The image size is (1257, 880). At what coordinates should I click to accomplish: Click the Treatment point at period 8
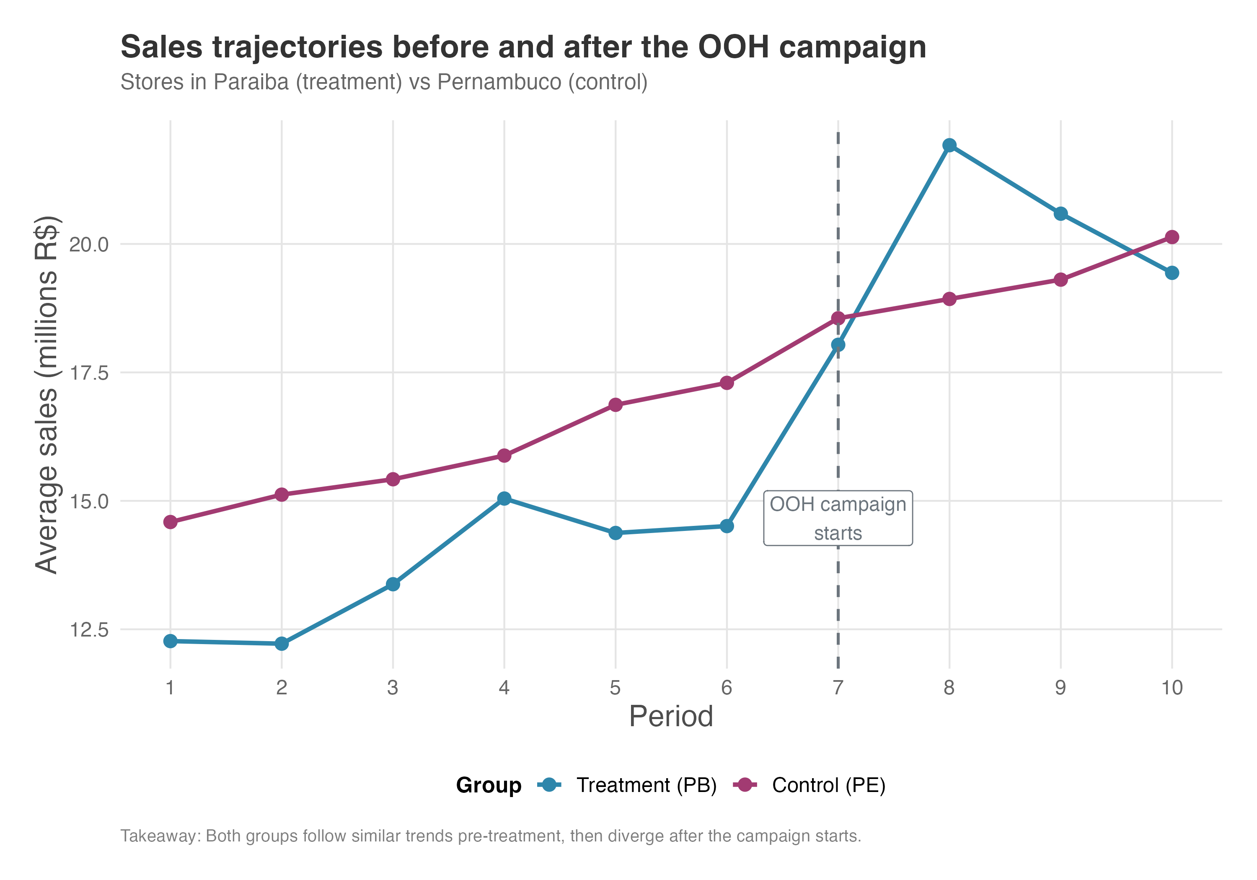pos(949,145)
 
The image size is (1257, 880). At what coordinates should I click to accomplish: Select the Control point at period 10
pos(1172,237)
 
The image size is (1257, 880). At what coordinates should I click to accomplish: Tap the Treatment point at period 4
pos(504,498)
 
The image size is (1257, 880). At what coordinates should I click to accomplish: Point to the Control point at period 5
pos(616,405)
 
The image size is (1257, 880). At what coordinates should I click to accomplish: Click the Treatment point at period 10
pos(1172,273)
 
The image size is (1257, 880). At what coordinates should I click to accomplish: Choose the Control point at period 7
pos(838,318)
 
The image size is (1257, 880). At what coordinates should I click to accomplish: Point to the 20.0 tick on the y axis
pos(89,244)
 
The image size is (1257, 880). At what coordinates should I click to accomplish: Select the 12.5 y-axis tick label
pos(89,630)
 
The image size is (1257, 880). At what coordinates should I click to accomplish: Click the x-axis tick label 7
pos(838,687)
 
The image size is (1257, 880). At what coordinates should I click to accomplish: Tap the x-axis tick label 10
pos(1172,687)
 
